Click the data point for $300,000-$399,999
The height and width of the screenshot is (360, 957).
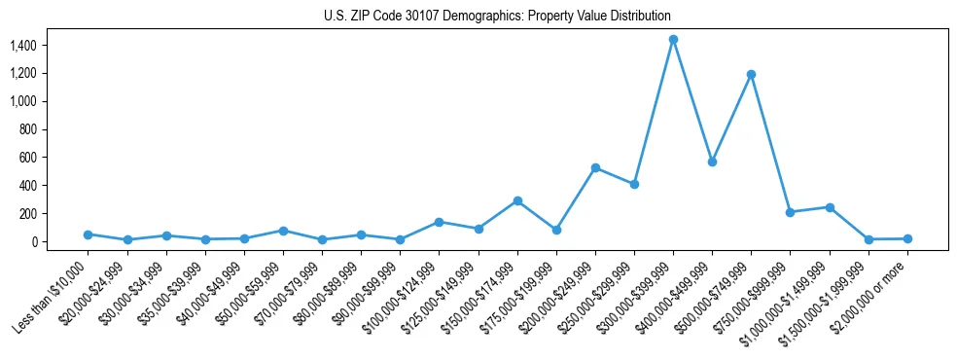tap(673, 39)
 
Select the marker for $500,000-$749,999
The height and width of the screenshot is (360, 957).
tap(751, 74)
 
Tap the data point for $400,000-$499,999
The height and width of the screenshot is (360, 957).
tap(712, 162)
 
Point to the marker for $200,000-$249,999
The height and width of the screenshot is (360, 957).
tap(595, 167)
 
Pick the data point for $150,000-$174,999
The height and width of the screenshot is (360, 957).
tap(517, 200)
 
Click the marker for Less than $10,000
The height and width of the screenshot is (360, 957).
tap(89, 234)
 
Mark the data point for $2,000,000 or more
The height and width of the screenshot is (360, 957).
tap(907, 238)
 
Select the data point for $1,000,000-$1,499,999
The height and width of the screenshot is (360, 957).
tap(830, 207)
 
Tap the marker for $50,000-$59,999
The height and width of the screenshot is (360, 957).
tap(283, 231)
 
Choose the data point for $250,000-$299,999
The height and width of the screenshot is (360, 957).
tap(634, 184)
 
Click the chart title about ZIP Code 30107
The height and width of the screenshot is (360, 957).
tap(497, 17)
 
